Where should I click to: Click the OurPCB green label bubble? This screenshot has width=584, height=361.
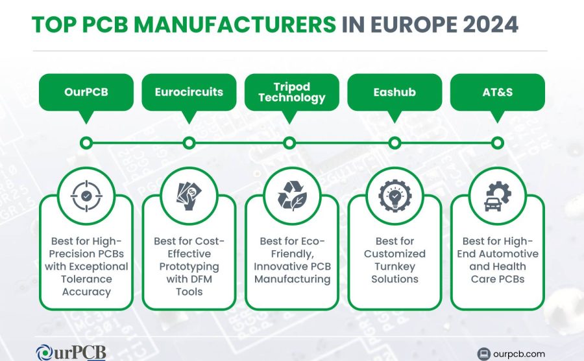86,92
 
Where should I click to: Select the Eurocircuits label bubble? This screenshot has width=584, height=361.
189,92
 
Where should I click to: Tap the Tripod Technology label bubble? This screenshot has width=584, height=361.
291,92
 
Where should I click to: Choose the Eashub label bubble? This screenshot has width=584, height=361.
395,92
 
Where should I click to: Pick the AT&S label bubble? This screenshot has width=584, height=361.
497,92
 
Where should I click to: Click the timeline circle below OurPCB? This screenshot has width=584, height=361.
86,143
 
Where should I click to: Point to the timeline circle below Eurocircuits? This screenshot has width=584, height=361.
189,143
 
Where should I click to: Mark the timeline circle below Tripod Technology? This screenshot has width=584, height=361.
289,143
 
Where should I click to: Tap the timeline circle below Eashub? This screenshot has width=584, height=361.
395,143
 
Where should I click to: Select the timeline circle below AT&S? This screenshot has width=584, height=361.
497,143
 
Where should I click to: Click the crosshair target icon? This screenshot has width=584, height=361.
86,196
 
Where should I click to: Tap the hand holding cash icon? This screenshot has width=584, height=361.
189,196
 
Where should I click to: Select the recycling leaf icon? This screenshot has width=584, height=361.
292,196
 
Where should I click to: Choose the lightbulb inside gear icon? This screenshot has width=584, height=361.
395,196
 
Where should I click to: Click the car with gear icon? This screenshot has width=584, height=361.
498,196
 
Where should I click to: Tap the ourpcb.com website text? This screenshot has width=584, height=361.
519,354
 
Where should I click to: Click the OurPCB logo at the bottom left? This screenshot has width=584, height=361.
71,353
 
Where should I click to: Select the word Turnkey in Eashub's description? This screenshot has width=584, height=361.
395,266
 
